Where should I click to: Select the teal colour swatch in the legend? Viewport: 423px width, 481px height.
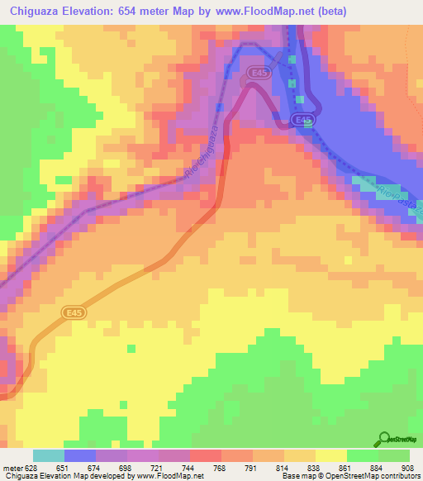pyautogui.click(x=48, y=455)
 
